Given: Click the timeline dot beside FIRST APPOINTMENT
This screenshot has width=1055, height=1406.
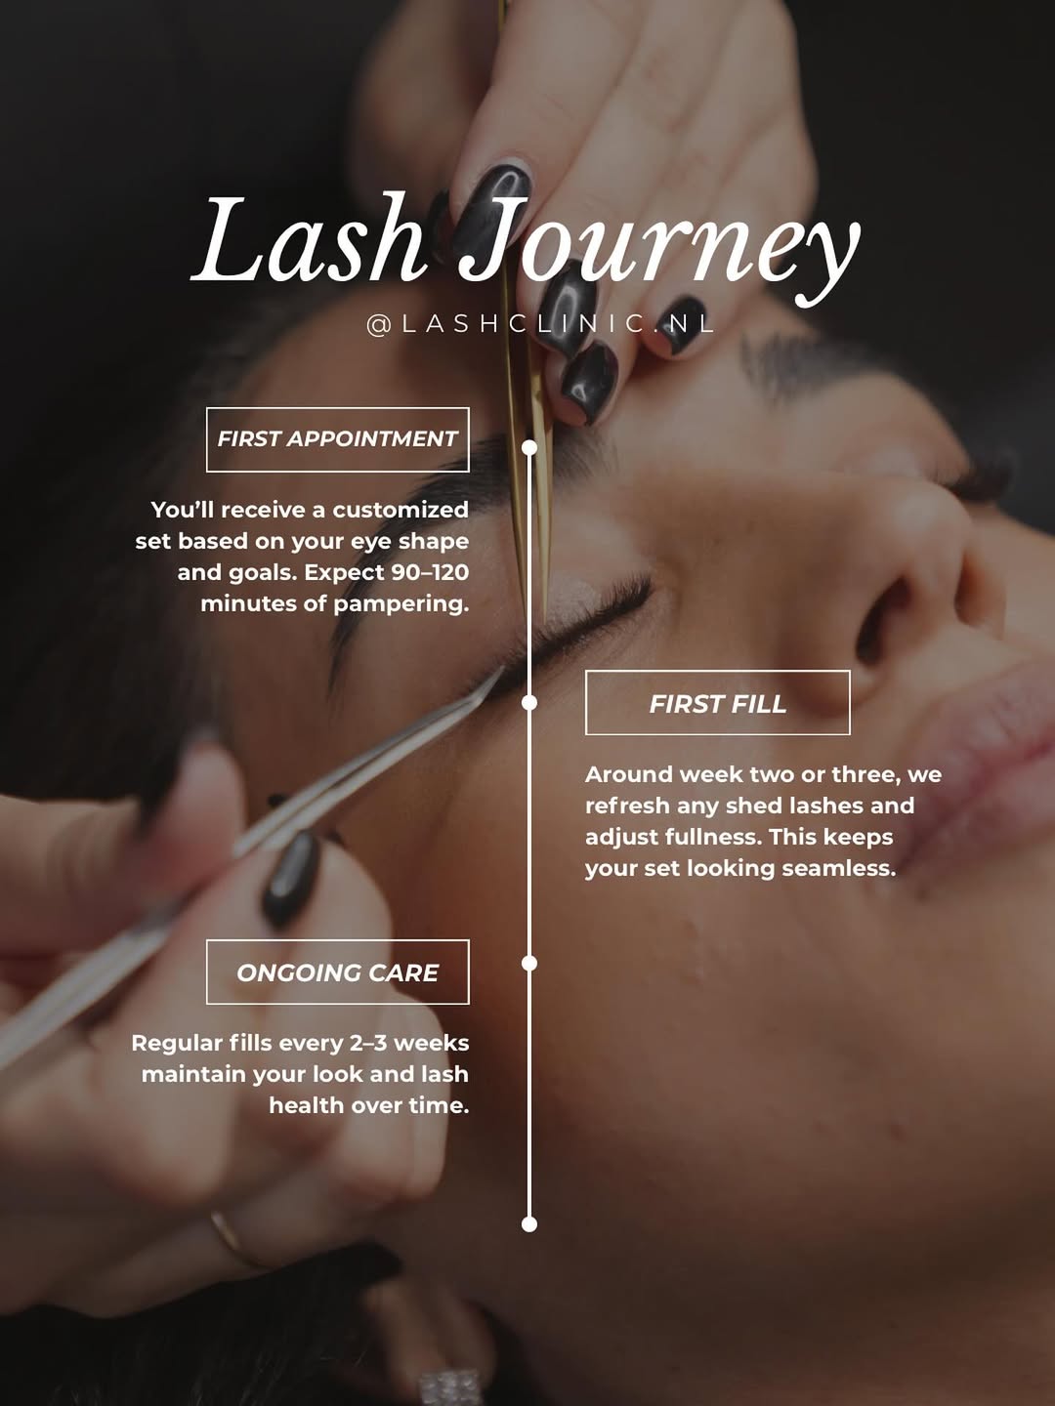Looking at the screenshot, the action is pyautogui.click(x=529, y=448).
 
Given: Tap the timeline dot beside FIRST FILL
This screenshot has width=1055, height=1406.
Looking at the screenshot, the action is pyautogui.click(x=529, y=703).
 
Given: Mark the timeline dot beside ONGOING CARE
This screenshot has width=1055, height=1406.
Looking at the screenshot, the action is pyautogui.click(x=529, y=963).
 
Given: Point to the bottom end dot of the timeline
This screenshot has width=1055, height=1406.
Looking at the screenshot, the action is pyautogui.click(x=529, y=1224).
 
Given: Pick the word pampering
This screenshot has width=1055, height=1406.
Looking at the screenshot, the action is pyautogui.click(x=401, y=604).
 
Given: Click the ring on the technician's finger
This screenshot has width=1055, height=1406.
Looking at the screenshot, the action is pyautogui.click(x=233, y=1239).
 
